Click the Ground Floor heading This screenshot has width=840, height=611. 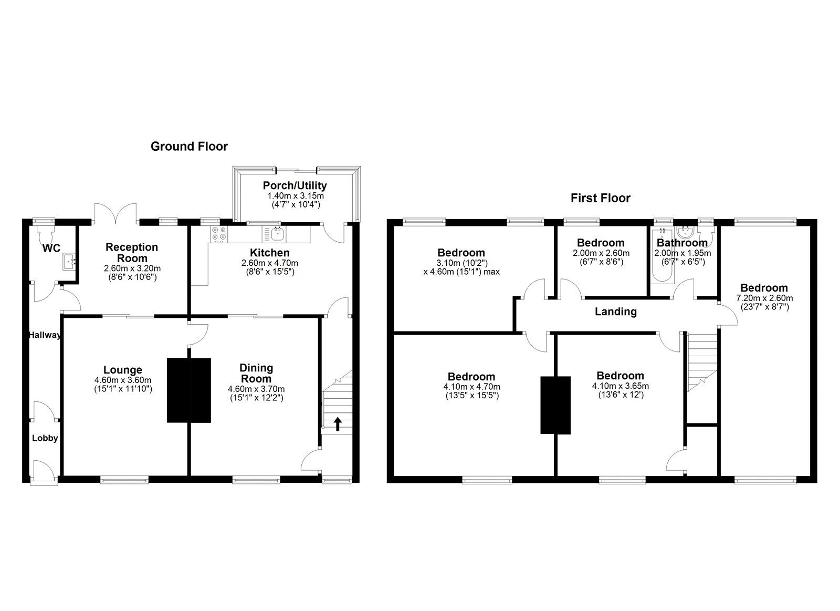point(189,147)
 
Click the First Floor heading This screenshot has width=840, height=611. point(601,198)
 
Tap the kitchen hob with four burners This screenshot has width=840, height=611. point(218,234)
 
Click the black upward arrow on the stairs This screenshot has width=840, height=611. point(338,424)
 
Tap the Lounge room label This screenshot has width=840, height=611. point(123,370)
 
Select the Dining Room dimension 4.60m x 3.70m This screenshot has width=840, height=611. point(256,389)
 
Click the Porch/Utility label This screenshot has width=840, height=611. point(295,185)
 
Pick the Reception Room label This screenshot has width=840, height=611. point(132,253)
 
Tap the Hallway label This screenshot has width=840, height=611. point(45,335)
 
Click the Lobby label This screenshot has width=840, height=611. point(45,438)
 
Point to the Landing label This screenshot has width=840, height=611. point(616,312)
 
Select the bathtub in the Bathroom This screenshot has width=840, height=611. point(661,255)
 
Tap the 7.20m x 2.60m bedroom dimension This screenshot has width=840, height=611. point(764,298)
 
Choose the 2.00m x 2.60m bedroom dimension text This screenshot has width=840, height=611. point(601,253)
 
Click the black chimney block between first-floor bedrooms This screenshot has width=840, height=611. point(555,406)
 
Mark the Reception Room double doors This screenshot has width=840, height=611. point(115,214)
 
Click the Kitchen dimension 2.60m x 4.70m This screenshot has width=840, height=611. point(270,263)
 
